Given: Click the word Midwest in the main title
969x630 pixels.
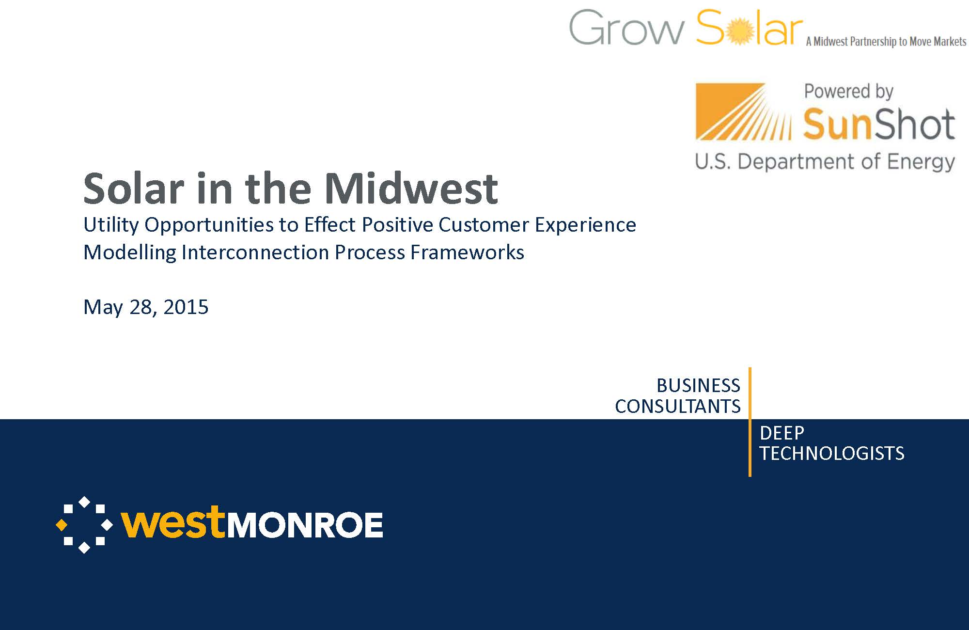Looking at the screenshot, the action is click(411, 188).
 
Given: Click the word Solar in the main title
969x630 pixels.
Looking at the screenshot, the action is click(134, 188).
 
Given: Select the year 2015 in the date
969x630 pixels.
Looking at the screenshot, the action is click(186, 307).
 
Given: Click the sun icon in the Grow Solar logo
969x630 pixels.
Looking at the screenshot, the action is click(741, 31).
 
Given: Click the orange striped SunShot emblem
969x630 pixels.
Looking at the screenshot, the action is click(743, 111).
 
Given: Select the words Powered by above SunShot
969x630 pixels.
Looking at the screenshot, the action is click(849, 92).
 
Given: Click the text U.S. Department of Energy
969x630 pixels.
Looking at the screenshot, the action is click(825, 162).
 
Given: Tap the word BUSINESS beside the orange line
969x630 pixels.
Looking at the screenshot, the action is click(698, 386).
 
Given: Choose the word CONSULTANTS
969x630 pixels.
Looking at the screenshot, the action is click(678, 407).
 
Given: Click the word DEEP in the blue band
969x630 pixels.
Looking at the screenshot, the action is click(782, 433).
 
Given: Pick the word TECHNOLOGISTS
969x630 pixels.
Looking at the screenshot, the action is click(832, 454).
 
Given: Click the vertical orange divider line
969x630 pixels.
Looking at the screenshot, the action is click(750, 422).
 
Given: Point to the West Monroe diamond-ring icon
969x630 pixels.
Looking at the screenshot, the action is click(84, 525).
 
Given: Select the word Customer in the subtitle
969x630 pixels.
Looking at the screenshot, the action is click(484, 225).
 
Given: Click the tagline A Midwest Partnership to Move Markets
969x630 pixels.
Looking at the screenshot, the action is click(886, 42).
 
